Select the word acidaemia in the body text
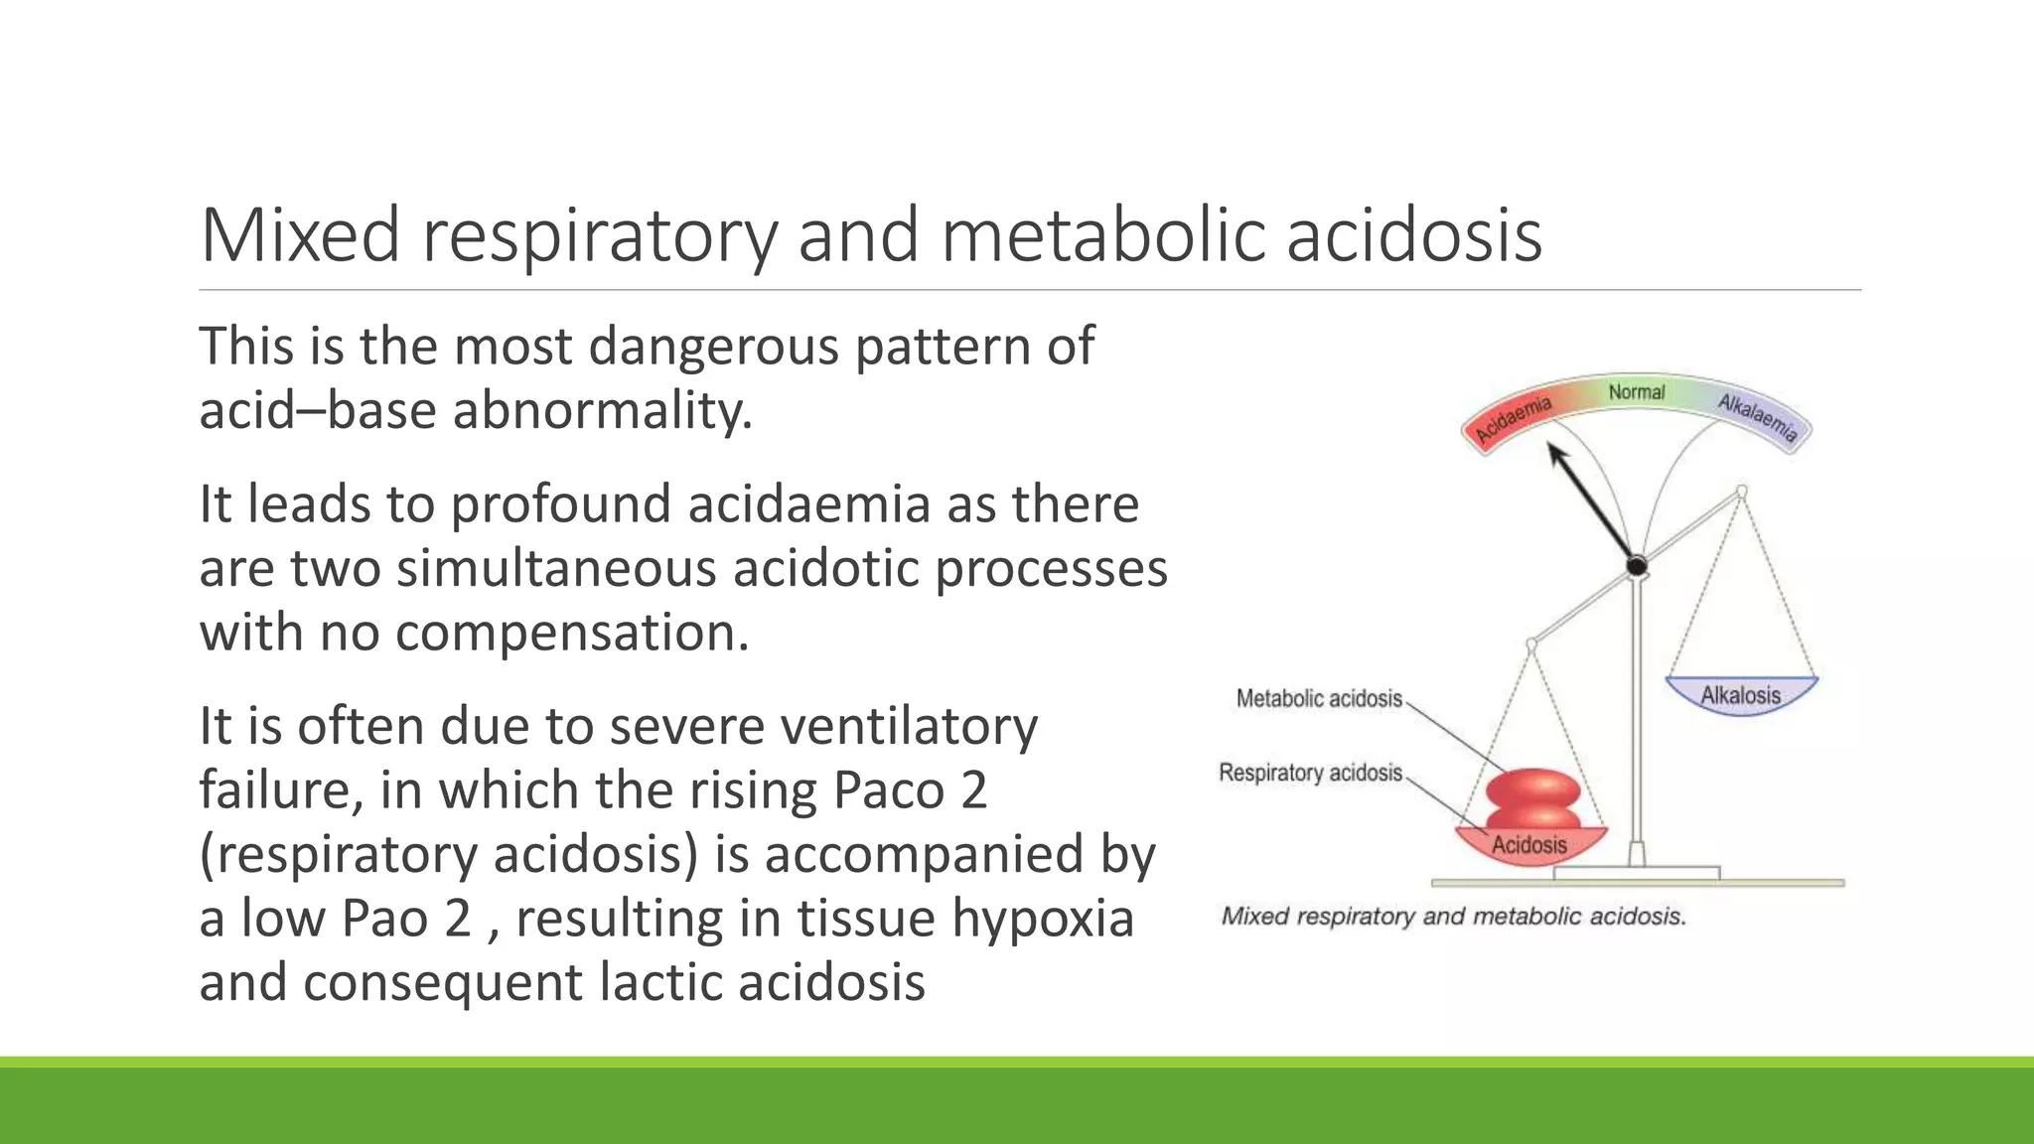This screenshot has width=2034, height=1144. [x=808, y=504]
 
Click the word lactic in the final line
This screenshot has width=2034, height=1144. [x=659, y=983]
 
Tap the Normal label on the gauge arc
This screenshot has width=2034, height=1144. [x=1636, y=392]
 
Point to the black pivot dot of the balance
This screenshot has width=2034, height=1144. [x=1636, y=567]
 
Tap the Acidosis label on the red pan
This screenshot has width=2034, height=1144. [x=1528, y=845]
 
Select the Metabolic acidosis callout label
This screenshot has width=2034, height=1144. [x=1318, y=699]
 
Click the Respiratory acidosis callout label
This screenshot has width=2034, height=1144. [x=1309, y=773]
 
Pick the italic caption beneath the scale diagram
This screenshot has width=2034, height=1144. [x=1453, y=916]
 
